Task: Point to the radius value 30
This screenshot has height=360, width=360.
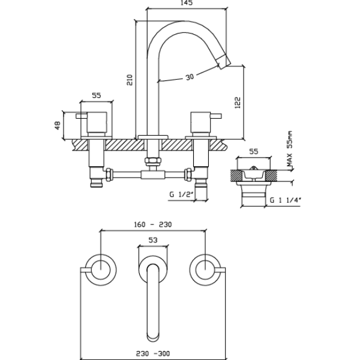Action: [x=190, y=77]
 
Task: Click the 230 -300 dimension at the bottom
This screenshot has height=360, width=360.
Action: [x=153, y=354]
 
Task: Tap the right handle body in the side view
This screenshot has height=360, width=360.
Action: [x=200, y=122]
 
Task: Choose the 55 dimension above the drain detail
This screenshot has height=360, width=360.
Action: [x=253, y=152]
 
